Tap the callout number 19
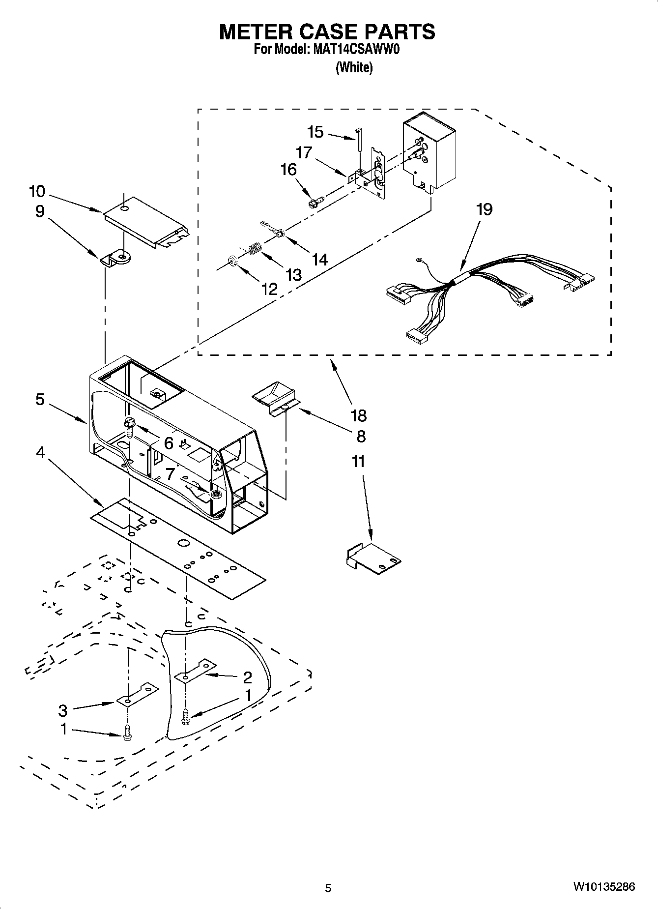tap(484, 209)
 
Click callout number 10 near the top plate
tap(37, 191)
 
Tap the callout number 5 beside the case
tap(40, 399)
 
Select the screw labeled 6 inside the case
tap(130, 426)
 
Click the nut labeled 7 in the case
tap(215, 494)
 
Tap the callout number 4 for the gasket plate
tap(40, 452)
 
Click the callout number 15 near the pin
tap(315, 132)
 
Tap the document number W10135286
tap(603, 887)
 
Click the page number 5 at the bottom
tap(328, 887)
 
